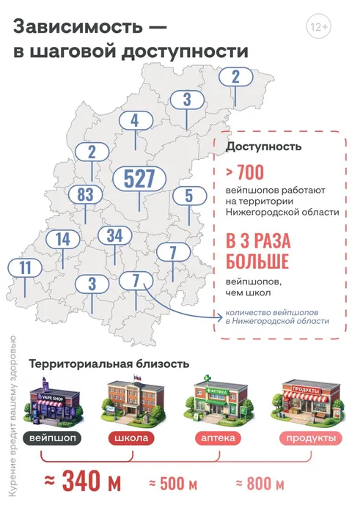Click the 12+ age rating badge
tap(319, 28)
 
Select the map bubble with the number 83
tap(85, 195)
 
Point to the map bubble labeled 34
tap(114, 236)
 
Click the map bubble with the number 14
tap(62, 239)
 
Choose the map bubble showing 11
tap(26, 267)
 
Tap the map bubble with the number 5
tap(188, 196)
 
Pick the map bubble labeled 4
tap(134, 121)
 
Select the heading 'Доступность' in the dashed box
tap(263, 147)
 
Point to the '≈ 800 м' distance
tap(260, 484)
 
